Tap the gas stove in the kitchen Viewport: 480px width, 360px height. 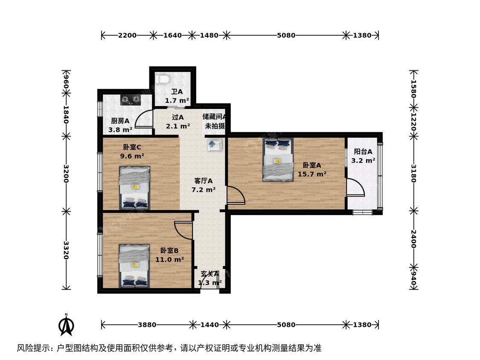tap(131, 100)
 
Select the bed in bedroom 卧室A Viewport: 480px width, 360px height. tap(278, 160)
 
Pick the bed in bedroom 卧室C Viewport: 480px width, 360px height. tap(135, 188)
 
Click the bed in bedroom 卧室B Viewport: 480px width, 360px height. tap(134, 266)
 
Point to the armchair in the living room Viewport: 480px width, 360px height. tap(214, 144)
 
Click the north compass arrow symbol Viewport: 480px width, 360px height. tap(66, 325)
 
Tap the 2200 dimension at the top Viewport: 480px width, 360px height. tap(127, 35)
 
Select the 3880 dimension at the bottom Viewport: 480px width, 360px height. tap(147, 325)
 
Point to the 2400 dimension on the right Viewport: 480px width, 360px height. tap(413, 239)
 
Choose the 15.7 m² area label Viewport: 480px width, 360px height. tap(312, 174)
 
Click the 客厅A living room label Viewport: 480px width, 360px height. tap(203, 181)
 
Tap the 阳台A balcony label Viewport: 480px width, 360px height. tap(363, 151)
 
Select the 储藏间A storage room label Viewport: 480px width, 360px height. tap(214, 116)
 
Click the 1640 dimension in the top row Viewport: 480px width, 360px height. tap(172, 35)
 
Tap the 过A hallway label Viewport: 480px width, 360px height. tap(177, 117)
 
